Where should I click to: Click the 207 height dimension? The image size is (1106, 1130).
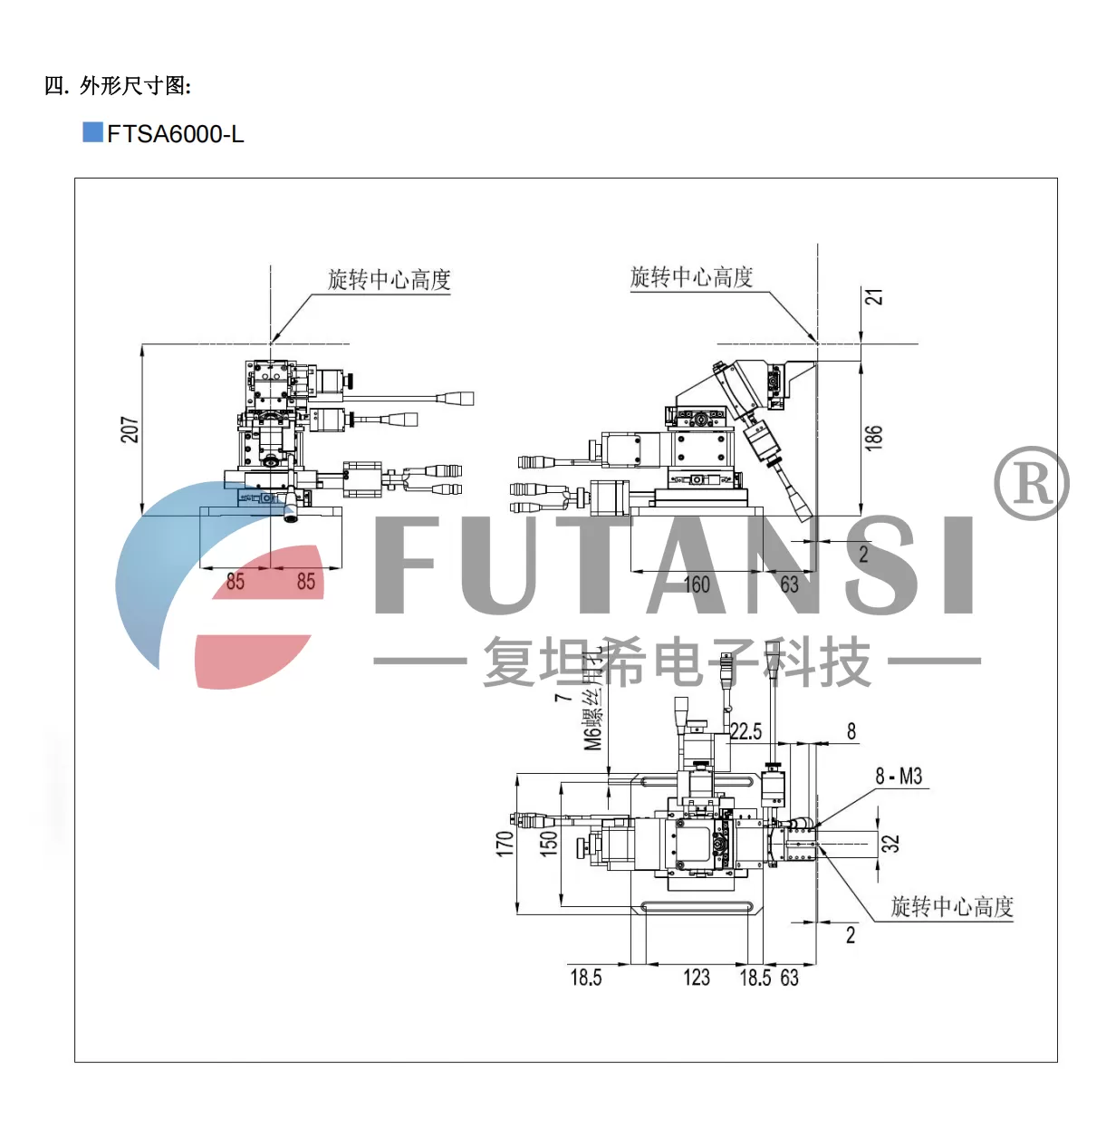click(x=130, y=430)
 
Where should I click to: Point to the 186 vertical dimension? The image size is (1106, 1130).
click(x=873, y=437)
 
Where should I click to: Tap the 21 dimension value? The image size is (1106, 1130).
click(x=874, y=297)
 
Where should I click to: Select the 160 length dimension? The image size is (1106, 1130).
click(x=697, y=584)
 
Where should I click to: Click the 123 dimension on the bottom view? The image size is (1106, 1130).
click(x=697, y=978)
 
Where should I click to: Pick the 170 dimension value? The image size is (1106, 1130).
click(x=505, y=844)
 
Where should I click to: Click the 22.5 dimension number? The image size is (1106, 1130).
click(x=745, y=731)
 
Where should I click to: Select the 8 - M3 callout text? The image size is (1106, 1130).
click(x=899, y=777)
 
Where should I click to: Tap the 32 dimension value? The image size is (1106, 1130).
click(x=891, y=843)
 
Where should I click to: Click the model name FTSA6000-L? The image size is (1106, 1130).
click(x=176, y=134)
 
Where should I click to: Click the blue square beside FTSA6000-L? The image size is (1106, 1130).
click(x=92, y=132)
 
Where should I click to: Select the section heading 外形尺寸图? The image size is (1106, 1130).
click(x=135, y=86)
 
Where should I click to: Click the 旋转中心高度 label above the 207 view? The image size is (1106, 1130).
click(x=390, y=279)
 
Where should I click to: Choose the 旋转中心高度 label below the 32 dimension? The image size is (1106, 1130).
click(x=952, y=906)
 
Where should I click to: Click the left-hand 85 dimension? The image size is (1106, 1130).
click(x=236, y=582)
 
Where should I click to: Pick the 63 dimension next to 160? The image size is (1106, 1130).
click(x=789, y=584)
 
